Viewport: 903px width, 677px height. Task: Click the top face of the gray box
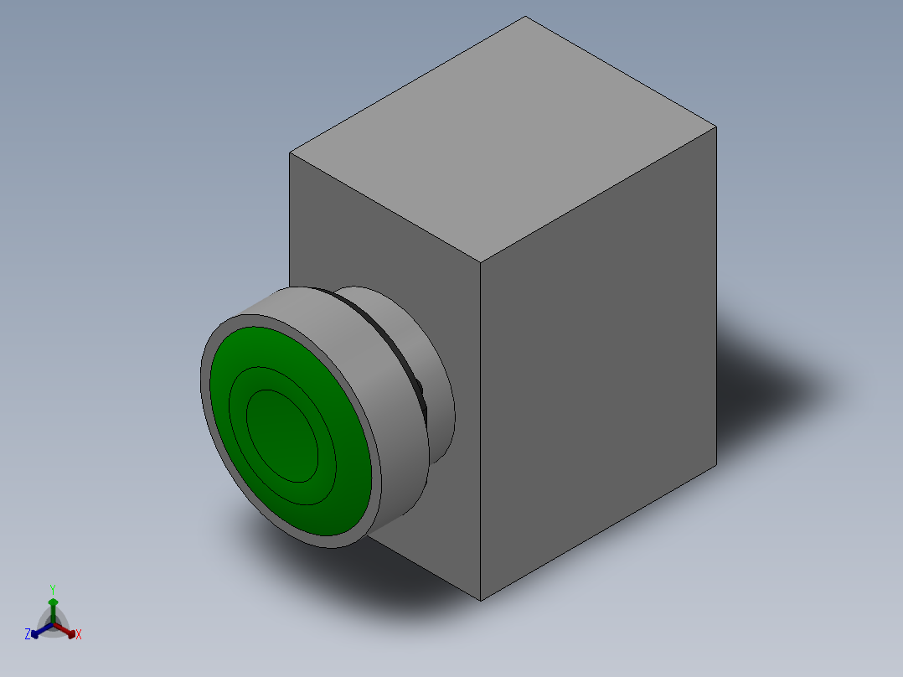[x=503, y=139]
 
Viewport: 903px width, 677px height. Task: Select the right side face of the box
[x=599, y=363]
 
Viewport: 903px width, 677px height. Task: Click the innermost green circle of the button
[x=282, y=436]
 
